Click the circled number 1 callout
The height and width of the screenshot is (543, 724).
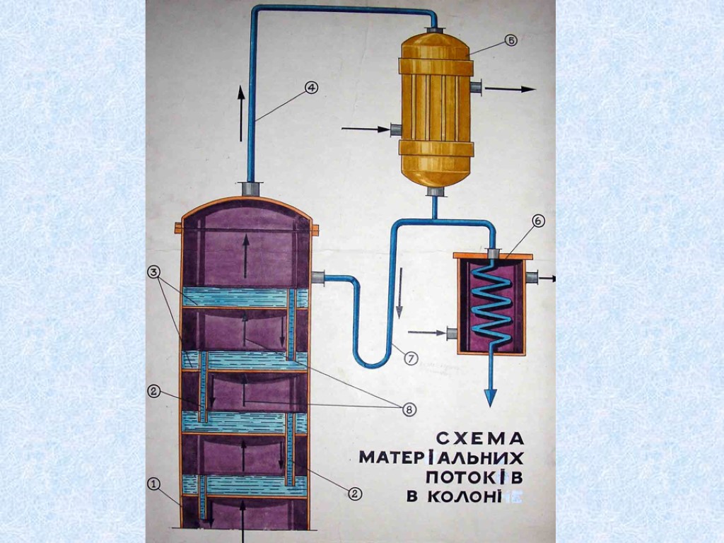tap(154, 484)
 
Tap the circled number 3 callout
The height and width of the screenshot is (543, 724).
tap(154, 272)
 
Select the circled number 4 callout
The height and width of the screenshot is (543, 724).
tap(311, 88)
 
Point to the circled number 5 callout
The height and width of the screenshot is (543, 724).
tap(510, 41)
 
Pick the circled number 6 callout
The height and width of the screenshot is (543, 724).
tap(538, 221)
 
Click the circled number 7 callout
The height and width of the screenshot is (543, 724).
tap(411, 358)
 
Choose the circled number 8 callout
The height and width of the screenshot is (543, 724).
tap(408, 409)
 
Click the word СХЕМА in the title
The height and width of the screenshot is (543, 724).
tap(478, 436)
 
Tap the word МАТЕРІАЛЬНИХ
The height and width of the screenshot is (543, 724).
tap(441, 456)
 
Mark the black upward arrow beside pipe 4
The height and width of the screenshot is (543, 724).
tap(241, 113)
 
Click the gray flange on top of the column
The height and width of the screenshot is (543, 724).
tap(250, 189)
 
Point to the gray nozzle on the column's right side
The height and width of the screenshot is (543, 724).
tap(317, 277)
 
